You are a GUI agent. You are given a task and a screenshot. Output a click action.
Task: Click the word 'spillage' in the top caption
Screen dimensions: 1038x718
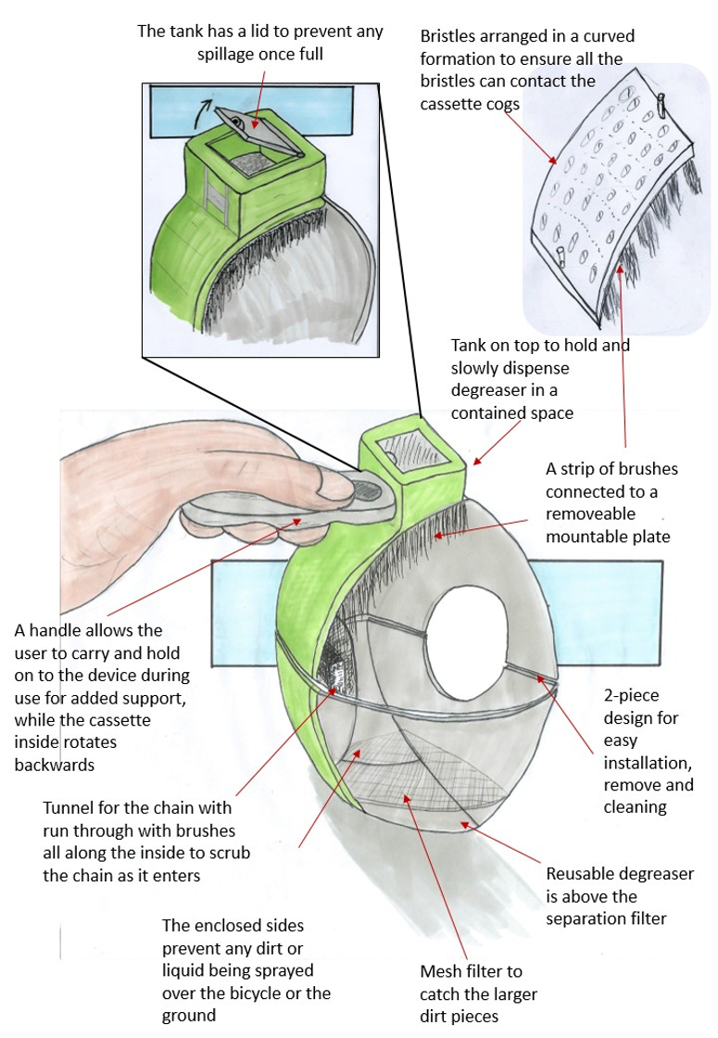pos(228,54)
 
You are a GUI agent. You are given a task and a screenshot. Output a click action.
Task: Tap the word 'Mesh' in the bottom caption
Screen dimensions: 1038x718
pos(441,972)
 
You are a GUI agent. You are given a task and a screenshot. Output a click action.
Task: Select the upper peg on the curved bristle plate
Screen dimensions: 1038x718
pos(662,104)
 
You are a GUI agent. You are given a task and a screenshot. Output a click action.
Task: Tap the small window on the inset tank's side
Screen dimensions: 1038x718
pos(217,196)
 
